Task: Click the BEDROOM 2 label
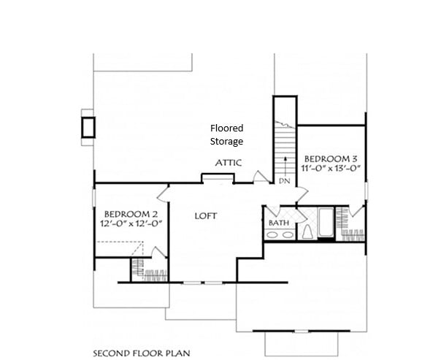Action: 131,214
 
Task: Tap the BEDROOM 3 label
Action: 331,159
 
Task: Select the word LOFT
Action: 206,216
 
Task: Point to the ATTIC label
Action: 229,163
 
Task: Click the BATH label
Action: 279,223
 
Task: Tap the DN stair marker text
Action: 284,181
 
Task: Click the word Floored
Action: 226,129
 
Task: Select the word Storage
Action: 226,142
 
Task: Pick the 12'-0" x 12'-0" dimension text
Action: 131,223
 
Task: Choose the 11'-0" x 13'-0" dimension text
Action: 331,168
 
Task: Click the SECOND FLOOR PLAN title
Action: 142,353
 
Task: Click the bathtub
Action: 326,222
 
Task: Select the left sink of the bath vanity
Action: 272,234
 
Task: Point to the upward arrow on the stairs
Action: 285,166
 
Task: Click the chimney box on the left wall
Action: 88,127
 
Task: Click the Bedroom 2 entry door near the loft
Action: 163,194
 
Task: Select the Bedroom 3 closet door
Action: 356,210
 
